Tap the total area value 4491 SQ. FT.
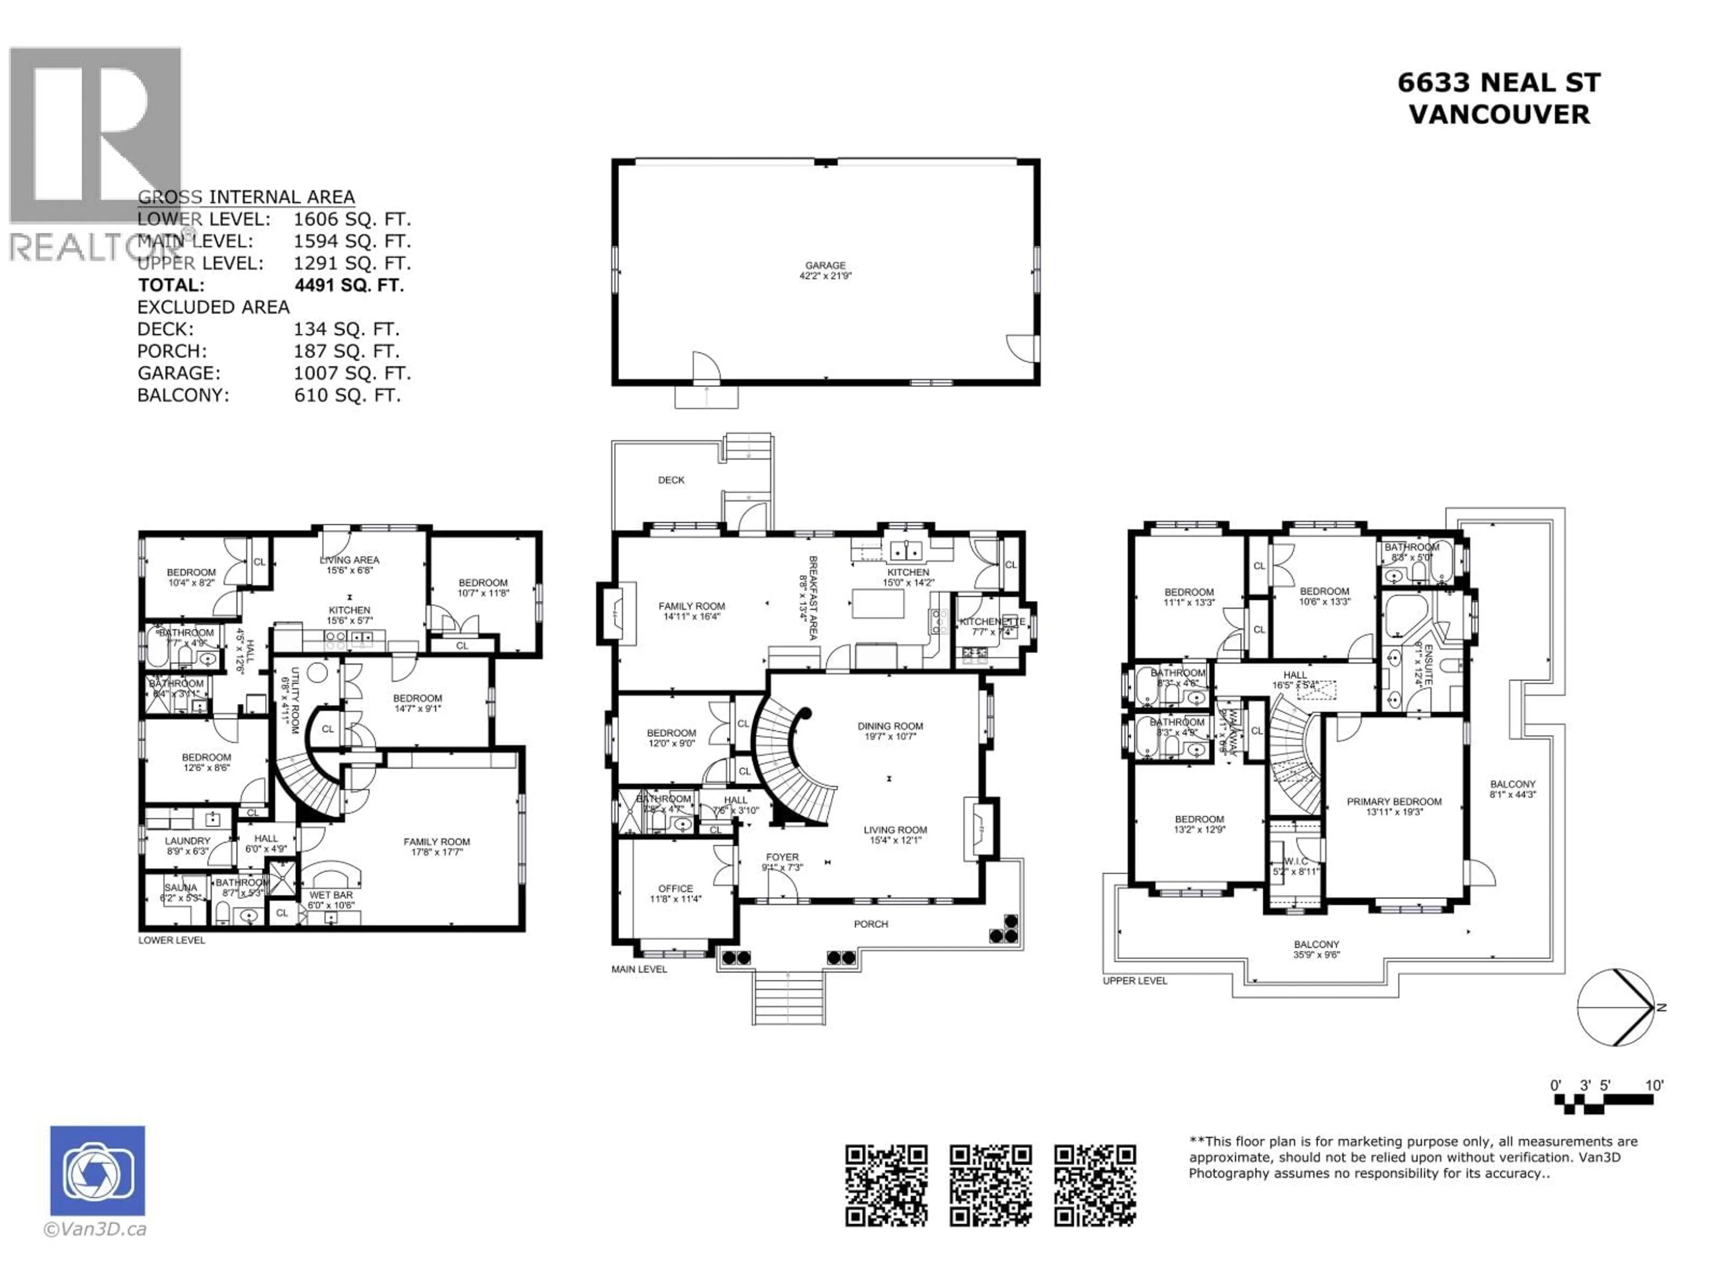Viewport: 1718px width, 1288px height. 349,285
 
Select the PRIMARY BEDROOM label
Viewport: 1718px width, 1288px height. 1394,801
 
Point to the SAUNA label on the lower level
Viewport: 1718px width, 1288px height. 180,887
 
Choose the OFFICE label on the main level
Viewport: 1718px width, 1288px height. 675,888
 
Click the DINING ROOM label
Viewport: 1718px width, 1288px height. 890,726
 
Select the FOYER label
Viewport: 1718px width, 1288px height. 781,857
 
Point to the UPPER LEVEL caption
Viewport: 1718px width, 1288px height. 1135,981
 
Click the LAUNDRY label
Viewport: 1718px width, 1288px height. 187,841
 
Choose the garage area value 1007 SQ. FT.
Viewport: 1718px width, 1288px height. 352,373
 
